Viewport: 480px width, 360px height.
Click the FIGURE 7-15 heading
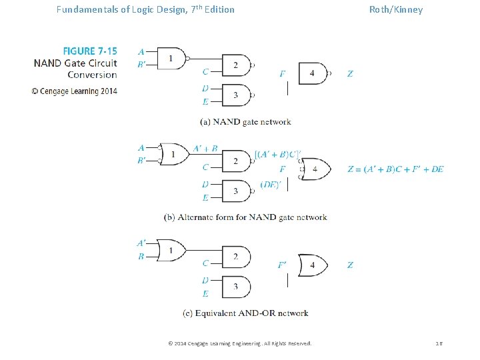click(89, 51)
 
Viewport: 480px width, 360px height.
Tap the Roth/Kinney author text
click(395, 9)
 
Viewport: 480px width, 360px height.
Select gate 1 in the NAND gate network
click(170, 58)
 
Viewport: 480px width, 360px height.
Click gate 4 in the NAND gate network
click(313, 73)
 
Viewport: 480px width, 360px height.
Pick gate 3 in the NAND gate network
click(235, 95)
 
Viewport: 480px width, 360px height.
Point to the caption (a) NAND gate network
click(245, 122)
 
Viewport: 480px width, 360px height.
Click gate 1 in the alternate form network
click(173, 154)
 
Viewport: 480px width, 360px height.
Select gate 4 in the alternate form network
click(315, 169)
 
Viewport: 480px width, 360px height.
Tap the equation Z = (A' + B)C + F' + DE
click(395, 169)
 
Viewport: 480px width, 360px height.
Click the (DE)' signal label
click(270, 185)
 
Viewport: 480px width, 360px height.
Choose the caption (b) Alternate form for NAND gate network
click(245, 217)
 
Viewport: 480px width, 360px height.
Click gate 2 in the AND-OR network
click(235, 257)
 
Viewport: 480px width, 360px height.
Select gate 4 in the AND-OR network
click(313, 265)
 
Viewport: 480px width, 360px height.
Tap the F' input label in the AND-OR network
click(283, 265)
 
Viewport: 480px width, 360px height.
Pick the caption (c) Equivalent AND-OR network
click(245, 313)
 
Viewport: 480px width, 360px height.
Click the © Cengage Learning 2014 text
click(74, 91)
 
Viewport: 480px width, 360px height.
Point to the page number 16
click(439, 343)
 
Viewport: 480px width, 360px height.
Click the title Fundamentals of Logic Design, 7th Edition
click(145, 9)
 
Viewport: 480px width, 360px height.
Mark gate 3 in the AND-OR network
click(235, 287)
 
